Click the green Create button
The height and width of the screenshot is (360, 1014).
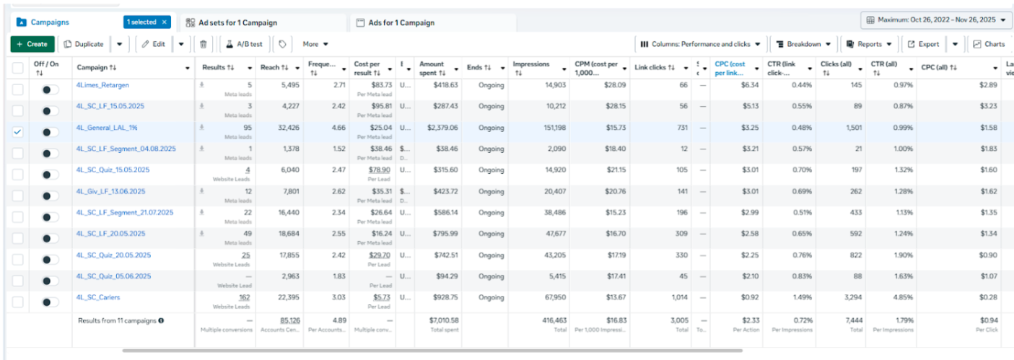click(32, 44)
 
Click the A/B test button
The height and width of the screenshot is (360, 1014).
click(245, 44)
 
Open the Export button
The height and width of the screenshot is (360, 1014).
click(924, 44)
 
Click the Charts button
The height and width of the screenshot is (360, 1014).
click(989, 44)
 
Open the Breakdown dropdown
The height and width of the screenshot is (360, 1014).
click(805, 44)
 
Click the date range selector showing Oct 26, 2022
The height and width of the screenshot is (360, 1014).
click(936, 19)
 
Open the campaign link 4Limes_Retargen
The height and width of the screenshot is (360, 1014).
click(102, 85)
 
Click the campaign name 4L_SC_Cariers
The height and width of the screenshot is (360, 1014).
click(98, 297)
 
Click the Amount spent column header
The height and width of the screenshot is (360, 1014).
click(432, 68)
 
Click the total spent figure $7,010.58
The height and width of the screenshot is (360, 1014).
click(444, 320)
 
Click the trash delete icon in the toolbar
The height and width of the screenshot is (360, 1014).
click(204, 44)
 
